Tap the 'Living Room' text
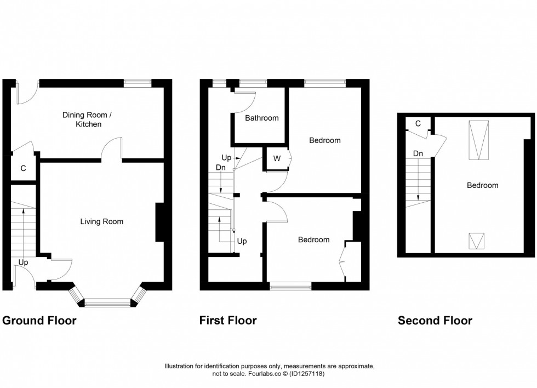click(101, 221)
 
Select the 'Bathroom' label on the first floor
click(261, 118)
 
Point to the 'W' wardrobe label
click(277, 159)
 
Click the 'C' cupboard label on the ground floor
click(23, 169)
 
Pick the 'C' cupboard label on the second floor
click(418, 124)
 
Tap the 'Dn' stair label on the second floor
click(418, 153)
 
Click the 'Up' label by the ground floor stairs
click(23, 263)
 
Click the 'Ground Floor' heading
click(39, 321)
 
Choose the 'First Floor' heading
click(228, 321)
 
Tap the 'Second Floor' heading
click(435, 321)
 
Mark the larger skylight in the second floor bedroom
click(478, 140)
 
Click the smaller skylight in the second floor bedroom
click(477, 241)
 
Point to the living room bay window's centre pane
click(107, 302)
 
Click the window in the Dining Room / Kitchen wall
click(137, 83)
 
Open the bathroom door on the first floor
click(245, 99)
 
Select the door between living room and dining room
click(112, 149)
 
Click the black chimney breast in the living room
click(159, 222)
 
